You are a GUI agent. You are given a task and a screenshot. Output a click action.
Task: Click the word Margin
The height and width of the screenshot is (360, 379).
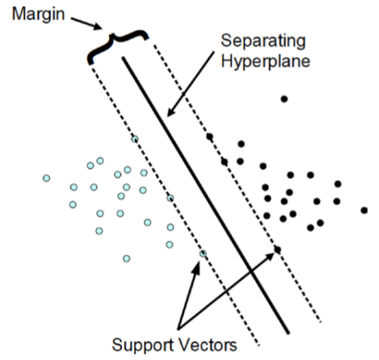tap(38, 14)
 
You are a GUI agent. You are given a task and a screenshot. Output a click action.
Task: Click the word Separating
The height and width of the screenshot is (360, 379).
tap(263, 41)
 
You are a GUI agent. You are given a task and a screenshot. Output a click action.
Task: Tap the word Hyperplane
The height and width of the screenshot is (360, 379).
tap(265, 61)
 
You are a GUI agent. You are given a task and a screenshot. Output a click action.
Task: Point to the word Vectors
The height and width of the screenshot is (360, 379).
tap(208, 345)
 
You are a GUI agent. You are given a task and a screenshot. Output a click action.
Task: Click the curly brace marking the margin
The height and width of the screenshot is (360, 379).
tap(118, 44)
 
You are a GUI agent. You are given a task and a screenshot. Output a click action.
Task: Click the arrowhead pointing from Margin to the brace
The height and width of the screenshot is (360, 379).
tap(97, 26)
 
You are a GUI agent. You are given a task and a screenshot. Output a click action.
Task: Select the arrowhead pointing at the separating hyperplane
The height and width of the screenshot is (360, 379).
tap(171, 111)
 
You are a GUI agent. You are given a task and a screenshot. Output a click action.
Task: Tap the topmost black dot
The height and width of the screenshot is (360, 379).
tap(284, 99)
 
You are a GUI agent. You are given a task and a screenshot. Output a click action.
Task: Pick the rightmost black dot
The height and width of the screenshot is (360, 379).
tap(365, 210)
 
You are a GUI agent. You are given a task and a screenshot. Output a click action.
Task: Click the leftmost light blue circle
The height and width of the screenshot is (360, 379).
tap(47, 178)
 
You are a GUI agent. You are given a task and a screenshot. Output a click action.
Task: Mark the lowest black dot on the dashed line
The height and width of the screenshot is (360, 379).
tap(277, 249)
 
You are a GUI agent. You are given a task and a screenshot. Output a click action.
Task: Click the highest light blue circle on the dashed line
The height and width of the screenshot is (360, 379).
tap(135, 139)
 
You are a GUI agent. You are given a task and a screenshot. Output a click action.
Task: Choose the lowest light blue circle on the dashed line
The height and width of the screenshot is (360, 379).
tap(203, 254)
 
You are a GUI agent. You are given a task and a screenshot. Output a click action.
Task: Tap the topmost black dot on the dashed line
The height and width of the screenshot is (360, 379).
tap(209, 137)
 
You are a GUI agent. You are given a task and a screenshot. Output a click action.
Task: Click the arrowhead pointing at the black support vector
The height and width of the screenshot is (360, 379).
tap(269, 257)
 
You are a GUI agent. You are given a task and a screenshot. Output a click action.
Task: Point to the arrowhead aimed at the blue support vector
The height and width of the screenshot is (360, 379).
tap(196, 267)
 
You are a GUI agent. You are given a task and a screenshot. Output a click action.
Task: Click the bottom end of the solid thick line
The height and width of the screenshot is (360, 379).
tap(289, 334)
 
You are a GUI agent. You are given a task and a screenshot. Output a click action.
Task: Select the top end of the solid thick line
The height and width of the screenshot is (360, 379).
tap(123, 58)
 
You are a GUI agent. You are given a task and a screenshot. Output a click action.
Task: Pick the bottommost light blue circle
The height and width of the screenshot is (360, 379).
tap(127, 258)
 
